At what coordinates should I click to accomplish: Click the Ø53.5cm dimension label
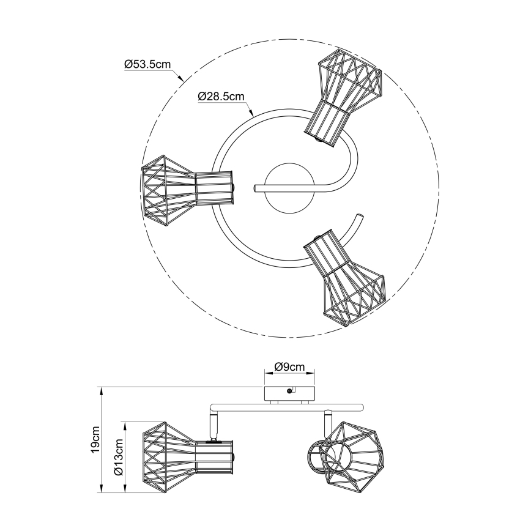pyautogui.click(x=147, y=64)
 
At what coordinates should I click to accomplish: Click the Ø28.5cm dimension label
pyautogui.click(x=221, y=97)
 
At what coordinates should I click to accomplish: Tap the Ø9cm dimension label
pyautogui.click(x=289, y=366)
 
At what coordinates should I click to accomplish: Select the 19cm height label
pyautogui.click(x=95, y=439)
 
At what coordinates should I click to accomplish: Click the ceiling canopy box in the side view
pyautogui.click(x=289, y=393)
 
